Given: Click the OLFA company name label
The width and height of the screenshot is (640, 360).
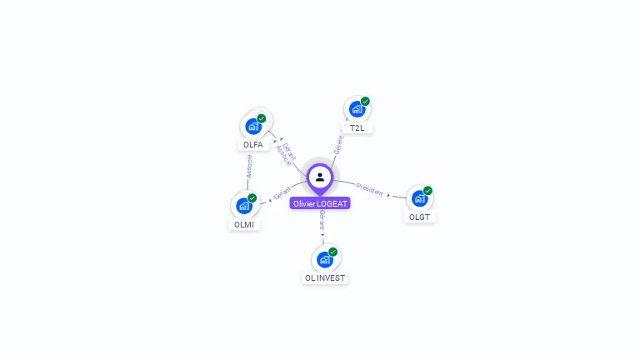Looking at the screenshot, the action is click(252, 144).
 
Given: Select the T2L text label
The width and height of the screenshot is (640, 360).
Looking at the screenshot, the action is click(357, 128).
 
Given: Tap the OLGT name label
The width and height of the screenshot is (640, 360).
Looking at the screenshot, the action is click(419, 217).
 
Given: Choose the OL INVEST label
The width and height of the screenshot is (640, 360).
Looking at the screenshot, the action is click(325, 277).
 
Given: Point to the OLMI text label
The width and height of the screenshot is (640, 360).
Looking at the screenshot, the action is click(243, 224).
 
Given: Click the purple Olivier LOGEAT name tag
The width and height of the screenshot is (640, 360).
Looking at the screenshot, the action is click(320, 203).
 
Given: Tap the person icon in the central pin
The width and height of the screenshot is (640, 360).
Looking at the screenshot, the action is click(320, 177).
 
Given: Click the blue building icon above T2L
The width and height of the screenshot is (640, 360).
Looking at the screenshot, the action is click(357, 109).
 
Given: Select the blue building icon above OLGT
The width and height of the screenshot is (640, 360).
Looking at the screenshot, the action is click(419, 198).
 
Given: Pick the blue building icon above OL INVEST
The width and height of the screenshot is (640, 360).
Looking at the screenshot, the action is click(324, 259).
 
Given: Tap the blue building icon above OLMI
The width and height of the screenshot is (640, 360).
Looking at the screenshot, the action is click(243, 205).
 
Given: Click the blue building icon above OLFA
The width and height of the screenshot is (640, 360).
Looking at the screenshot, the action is click(252, 127).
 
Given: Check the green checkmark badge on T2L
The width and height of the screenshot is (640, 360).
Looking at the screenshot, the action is click(365, 102).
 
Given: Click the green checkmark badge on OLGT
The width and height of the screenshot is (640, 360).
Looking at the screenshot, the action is click(427, 191).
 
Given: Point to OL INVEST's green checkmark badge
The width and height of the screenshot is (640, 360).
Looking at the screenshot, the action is click(332, 252).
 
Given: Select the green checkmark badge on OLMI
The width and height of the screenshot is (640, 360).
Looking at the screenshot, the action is click(252, 198).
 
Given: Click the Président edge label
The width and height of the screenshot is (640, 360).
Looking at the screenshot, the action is click(369, 188).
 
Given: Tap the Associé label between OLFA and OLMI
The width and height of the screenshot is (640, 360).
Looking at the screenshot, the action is click(248, 165).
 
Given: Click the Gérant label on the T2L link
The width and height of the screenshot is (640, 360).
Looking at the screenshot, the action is click(338, 144).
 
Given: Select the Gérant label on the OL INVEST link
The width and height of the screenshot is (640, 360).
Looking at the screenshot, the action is click(322, 220).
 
